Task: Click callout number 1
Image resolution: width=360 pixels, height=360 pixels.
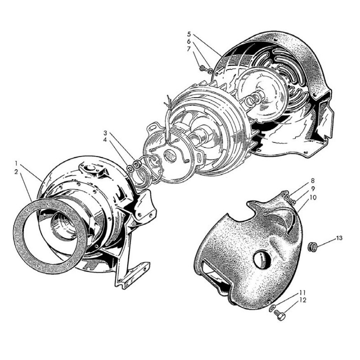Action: coord(16,164)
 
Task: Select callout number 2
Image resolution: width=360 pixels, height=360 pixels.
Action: coord(16,172)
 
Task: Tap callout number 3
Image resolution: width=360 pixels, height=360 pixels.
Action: coord(105,133)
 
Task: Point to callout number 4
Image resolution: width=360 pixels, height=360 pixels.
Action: coord(105,140)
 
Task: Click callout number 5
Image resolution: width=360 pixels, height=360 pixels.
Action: coord(189,34)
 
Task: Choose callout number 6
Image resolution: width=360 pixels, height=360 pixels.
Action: coord(189,42)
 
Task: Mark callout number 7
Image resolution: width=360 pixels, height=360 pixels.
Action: coord(189,49)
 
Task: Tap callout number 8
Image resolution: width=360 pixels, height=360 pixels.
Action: coord(313,181)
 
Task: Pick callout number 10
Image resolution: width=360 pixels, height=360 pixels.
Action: coord(313,197)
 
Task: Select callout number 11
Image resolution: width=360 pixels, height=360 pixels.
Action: coord(303,293)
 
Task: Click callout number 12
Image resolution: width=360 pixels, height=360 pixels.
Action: coord(303,300)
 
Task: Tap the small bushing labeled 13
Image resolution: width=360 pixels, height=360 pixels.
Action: coord(312,247)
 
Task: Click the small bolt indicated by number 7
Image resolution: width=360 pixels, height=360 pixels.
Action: coord(203,68)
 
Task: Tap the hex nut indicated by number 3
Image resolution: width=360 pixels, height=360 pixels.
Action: coord(137,164)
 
